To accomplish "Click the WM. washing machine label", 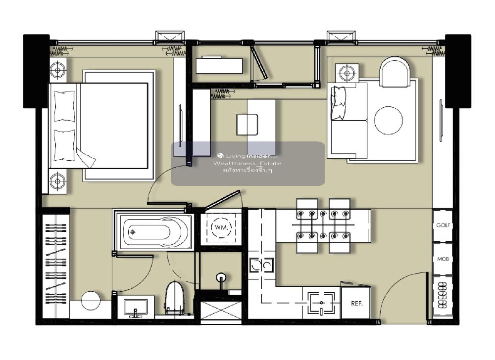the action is pyautogui.click(x=221, y=227).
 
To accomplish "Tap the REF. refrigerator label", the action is pyautogui.click(x=357, y=304).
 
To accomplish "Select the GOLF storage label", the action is pyautogui.click(x=443, y=225).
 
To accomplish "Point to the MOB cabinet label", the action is pyautogui.click(x=443, y=259).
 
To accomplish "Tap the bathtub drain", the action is pyautogui.click(x=133, y=232).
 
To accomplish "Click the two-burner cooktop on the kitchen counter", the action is pyautogui.click(x=261, y=265).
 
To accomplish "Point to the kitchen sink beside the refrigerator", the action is pyautogui.click(x=321, y=303).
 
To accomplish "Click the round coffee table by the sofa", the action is pyautogui.click(x=388, y=120).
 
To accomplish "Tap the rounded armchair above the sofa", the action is pyautogui.click(x=395, y=72).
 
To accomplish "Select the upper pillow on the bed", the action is pyautogui.click(x=64, y=106).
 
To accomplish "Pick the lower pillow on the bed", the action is pyautogui.click(x=64, y=145).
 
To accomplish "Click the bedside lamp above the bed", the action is pyautogui.click(x=57, y=70).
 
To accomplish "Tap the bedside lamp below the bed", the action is pyautogui.click(x=57, y=181).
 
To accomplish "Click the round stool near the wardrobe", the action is pyautogui.click(x=91, y=301).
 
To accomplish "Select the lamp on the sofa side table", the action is pyautogui.click(x=347, y=73).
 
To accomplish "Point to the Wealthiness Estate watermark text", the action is pyautogui.click(x=247, y=163).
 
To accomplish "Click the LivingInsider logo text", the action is pyautogui.click(x=248, y=156).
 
